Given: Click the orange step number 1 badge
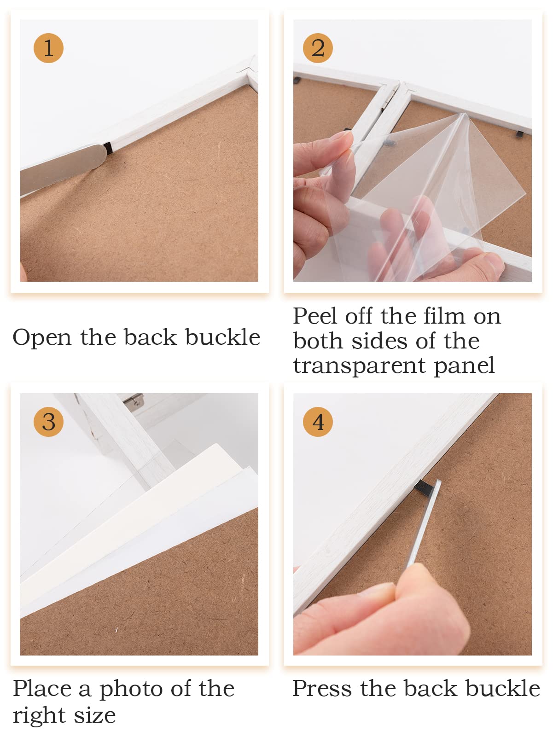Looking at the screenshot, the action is tap(48, 48).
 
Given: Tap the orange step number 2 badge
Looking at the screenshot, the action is tap(318, 48).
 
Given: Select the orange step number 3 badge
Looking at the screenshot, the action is tap(48, 422).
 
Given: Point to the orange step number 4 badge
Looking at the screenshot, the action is tap(318, 422).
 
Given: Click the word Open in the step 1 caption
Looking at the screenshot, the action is tap(42, 338).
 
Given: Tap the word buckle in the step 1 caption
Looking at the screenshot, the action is tap(222, 337).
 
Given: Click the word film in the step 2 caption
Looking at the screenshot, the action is tap(444, 316).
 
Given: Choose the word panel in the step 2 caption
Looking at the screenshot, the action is tap(464, 366).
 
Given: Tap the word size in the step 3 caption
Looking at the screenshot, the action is tap(95, 715).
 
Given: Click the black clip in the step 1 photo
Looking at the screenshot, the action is tap(107, 147).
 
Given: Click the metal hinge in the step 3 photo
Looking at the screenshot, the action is tap(134, 400).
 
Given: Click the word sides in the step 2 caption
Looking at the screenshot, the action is tap(379, 341).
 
